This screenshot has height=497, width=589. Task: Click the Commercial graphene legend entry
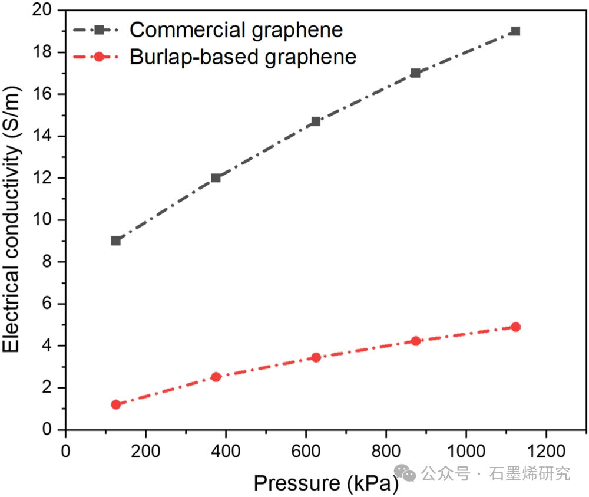click(x=236, y=29)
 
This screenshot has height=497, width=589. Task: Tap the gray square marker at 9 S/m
click(x=116, y=241)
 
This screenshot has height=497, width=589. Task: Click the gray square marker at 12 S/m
click(x=216, y=177)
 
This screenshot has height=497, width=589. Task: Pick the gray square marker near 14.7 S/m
click(x=316, y=121)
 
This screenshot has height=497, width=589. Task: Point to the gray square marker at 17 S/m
click(x=415, y=73)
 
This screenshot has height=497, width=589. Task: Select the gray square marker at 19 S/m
click(x=515, y=31)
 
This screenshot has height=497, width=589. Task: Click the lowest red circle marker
click(x=116, y=404)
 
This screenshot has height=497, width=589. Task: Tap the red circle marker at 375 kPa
click(x=216, y=377)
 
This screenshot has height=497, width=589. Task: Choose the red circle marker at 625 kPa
click(x=316, y=357)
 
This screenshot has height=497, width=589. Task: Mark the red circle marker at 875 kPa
click(x=415, y=341)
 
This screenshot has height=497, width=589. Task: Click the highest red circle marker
click(x=515, y=327)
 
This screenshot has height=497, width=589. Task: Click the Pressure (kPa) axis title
click(x=326, y=483)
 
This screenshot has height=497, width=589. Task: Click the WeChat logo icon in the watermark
click(x=405, y=472)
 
